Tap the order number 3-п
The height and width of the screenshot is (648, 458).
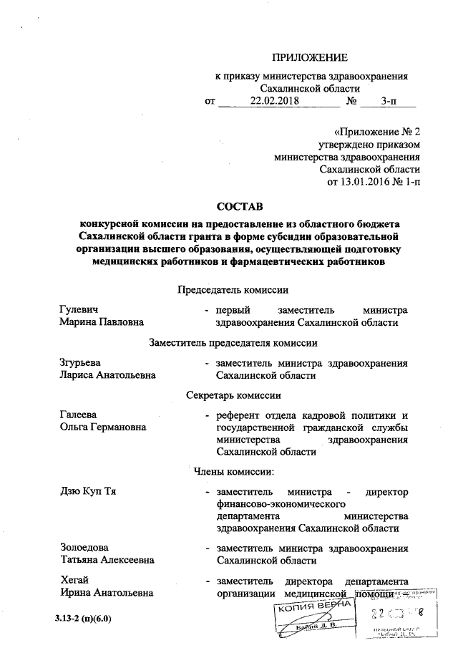[x=390, y=102]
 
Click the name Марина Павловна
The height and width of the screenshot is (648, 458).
[x=102, y=323]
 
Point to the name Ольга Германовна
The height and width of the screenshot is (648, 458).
[x=103, y=427]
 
